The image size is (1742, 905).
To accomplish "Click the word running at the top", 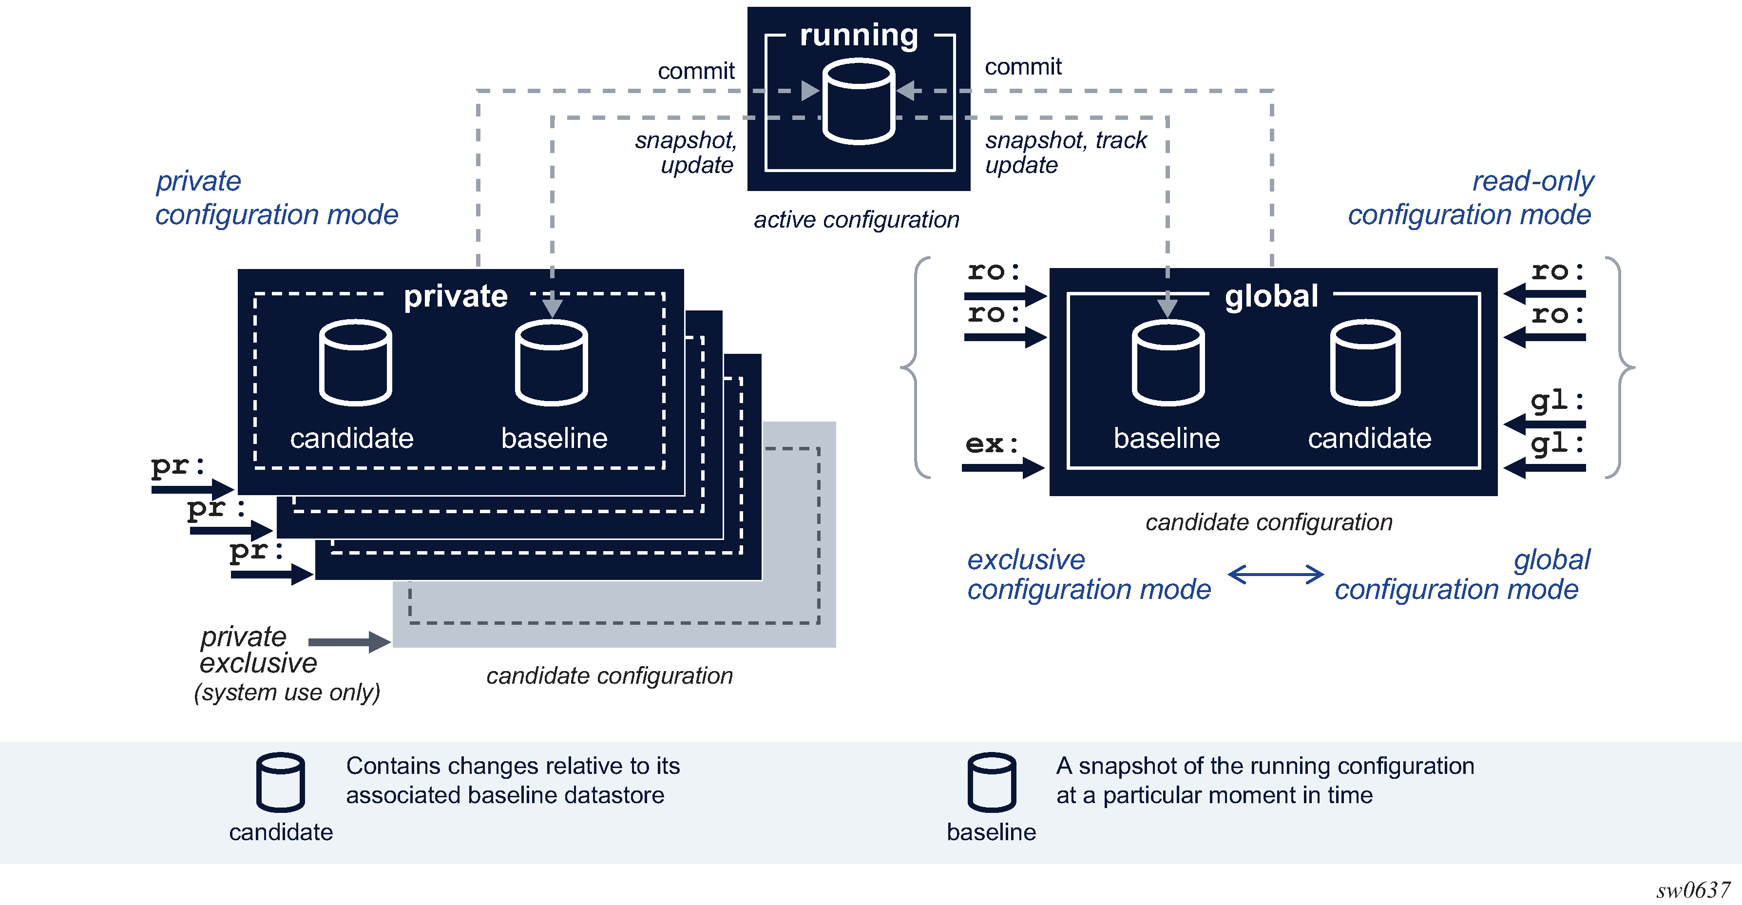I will pyautogui.click(x=859, y=35).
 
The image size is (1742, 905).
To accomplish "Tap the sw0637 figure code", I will pyautogui.click(x=1693, y=889).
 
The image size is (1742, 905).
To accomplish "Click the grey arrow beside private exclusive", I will pyautogui.click(x=349, y=641).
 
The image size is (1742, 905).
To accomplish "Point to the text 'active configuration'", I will pyautogui.click(x=856, y=220).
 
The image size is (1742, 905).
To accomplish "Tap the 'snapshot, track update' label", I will pyautogui.click(x=1065, y=152).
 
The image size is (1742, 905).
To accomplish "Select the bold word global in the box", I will pyautogui.click(x=1271, y=296).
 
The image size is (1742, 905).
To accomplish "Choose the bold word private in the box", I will pyautogui.click(x=455, y=296).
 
